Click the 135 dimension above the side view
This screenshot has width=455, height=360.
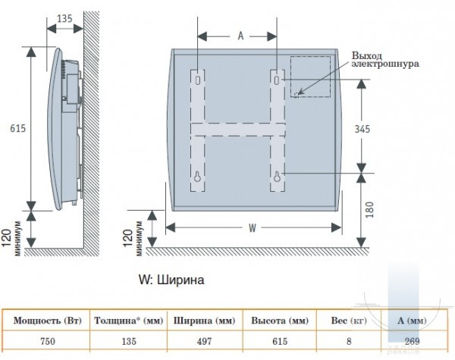tap(64, 18)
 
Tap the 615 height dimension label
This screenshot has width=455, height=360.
tap(18, 128)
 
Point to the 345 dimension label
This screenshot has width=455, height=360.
tap(362, 129)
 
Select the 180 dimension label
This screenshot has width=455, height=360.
tap(369, 210)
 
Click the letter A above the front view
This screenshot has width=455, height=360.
tap(240, 36)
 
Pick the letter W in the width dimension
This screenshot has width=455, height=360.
tap(253, 228)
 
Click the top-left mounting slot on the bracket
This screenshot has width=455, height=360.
tap(198, 80)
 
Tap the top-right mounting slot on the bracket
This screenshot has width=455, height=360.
tap(277, 80)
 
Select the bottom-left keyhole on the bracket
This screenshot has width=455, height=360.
tap(198, 177)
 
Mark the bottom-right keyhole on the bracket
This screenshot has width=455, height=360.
tap(277, 177)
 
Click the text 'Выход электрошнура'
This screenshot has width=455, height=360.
tap(385, 59)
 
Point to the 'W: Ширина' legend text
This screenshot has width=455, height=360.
tap(171, 280)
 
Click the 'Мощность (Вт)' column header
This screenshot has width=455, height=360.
tap(48, 321)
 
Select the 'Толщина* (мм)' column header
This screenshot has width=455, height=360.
tap(129, 321)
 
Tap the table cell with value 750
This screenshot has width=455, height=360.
tap(48, 341)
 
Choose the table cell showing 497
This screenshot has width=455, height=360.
tap(204, 341)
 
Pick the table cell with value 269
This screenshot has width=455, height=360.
tap(412, 341)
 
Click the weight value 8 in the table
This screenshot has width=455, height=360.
tap(349, 341)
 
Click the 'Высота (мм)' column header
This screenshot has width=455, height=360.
tap(280, 321)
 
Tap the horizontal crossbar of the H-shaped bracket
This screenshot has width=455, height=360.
tap(238, 130)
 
